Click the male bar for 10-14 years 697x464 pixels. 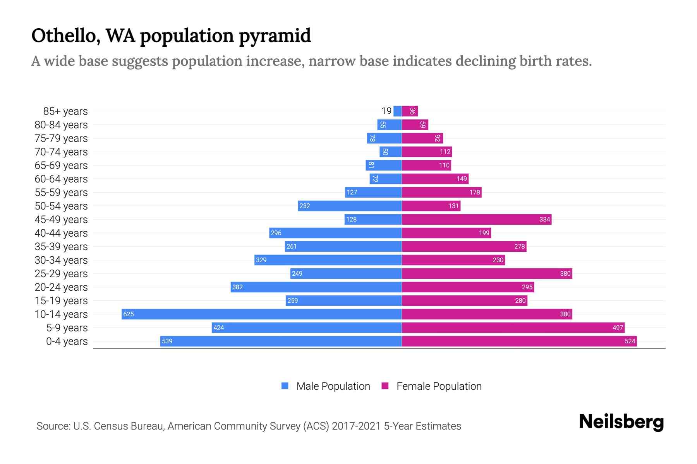(261, 314)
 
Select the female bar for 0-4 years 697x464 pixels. (519, 341)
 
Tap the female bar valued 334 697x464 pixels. (476, 219)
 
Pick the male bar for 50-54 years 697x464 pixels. (350, 206)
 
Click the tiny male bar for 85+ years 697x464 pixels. (397, 111)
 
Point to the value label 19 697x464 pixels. (386, 111)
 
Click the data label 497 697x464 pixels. (618, 328)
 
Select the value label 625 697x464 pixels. (128, 314)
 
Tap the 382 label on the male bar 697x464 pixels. (237, 287)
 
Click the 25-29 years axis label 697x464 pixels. (61, 273)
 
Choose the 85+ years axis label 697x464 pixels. (65, 111)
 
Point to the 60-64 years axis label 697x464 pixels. (61, 179)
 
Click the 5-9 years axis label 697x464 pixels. (67, 328)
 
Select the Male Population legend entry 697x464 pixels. (333, 386)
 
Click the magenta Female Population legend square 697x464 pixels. (385, 386)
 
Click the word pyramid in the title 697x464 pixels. (275, 36)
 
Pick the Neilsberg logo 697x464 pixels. (621, 421)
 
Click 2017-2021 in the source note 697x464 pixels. (356, 426)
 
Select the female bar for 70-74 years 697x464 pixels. (427, 152)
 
